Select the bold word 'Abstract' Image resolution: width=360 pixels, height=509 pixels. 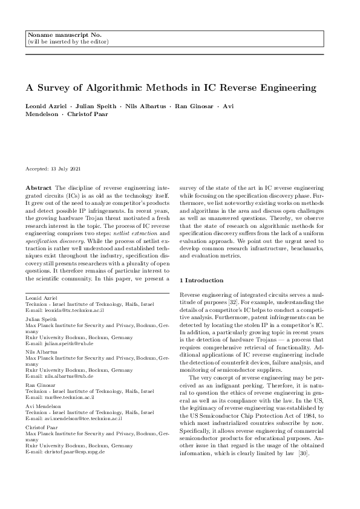coord(38,189)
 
